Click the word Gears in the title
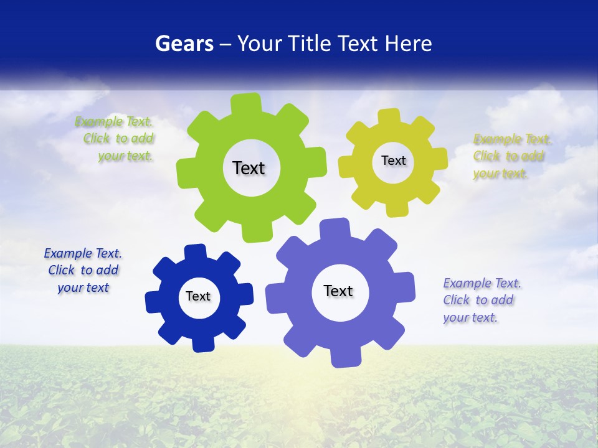(184, 44)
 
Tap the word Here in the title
(408, 44)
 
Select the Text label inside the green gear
(249, 168)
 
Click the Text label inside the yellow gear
(393, 161)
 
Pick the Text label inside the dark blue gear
(197, 296)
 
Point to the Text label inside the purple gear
(338, 291)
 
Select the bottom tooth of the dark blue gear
(202, 343)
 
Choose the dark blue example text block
(83, 270)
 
